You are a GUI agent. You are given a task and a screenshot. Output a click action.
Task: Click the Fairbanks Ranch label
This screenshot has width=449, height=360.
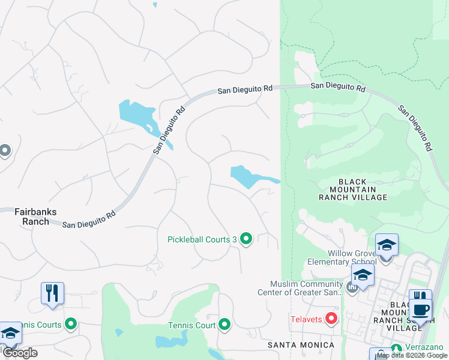click(x=27, y=216)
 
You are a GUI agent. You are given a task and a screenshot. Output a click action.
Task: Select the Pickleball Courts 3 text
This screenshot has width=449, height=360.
click(x=202, y=240)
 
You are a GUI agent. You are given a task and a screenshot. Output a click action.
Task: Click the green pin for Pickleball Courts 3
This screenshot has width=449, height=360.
click(x=246, y=239)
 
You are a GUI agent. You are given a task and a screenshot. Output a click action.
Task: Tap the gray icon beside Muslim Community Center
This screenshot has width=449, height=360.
click(x=352, y=288)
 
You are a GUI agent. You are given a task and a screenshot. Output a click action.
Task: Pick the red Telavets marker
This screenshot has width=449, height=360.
click(x=331, y=318)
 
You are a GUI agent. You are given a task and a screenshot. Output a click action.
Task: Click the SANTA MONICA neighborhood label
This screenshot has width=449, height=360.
click(x=301, y=345)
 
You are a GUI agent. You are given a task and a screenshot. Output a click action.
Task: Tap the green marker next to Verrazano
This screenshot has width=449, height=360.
click(x=396, y=348)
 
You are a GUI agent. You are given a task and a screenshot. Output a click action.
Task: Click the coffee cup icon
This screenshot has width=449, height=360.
click(x=420, y=310)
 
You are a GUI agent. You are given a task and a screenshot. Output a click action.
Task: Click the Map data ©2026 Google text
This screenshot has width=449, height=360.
click(x=412, y=355)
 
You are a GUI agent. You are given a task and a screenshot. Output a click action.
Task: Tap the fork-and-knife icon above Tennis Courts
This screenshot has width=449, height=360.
click(x=52, y=293)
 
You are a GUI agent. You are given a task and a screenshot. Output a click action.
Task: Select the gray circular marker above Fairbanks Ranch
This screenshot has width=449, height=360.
click(x=5, y=150)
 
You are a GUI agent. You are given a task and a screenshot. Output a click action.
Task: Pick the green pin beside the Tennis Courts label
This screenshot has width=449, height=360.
click(x=71, y=325)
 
